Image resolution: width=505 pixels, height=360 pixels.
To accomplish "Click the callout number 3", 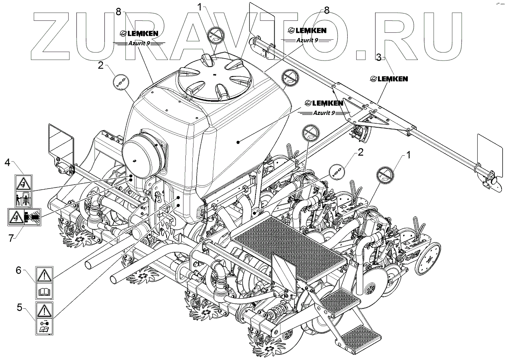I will pos(379,58).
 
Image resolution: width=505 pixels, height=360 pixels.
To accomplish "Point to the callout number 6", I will pos(18,271).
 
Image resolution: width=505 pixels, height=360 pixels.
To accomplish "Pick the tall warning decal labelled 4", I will pos(24,190).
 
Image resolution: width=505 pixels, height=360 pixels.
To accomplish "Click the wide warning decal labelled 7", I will pos(24,217).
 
